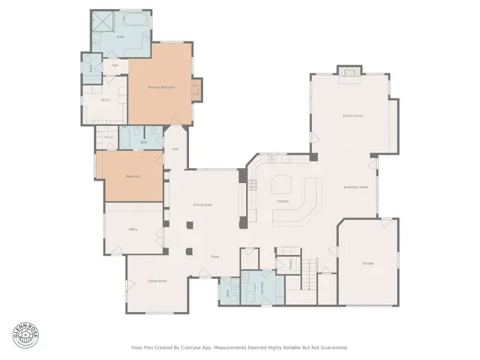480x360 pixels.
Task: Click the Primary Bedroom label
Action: click(x=160, y=88)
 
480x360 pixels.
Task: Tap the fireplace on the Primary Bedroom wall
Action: click(x=196, y=89)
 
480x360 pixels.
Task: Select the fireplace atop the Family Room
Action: click(x=349, y=72)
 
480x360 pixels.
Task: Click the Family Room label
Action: click(x=352, y=115)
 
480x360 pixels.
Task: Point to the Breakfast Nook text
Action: click(x=355, y=187)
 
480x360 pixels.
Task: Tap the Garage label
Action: click(x=367, y=262)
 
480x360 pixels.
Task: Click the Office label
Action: click(x=132, y=229)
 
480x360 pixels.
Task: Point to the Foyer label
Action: click(x=214, y=256)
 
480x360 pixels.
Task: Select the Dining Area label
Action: click(x=202, y=204)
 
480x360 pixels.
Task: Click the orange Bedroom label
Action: click(x=133, y=176)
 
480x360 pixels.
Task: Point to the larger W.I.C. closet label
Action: click(x=106, y=99)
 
